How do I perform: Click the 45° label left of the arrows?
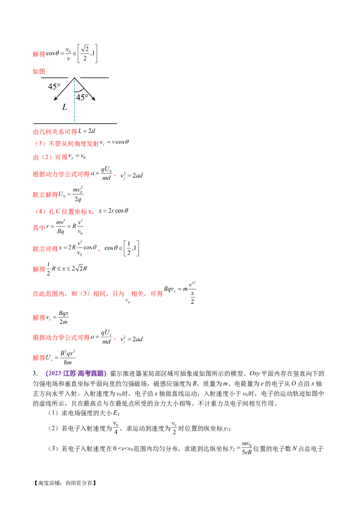tap(54, 87)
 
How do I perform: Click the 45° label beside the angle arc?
tap(82, 97)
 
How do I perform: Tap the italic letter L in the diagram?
tap(64, 108)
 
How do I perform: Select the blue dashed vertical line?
tap(75, 106)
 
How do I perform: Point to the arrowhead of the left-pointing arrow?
tap(55, 99)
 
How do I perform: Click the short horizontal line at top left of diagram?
tap(54, 78)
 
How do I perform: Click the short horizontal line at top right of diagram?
tap(94, 78)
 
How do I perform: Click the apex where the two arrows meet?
tap(75, 78)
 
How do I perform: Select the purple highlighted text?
tap(76, 373)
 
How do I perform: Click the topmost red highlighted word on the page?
tap(39, 54)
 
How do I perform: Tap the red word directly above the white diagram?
tap(39, 71)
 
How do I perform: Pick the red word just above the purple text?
tap(39, 358)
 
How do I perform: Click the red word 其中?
tap(39, 228)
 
